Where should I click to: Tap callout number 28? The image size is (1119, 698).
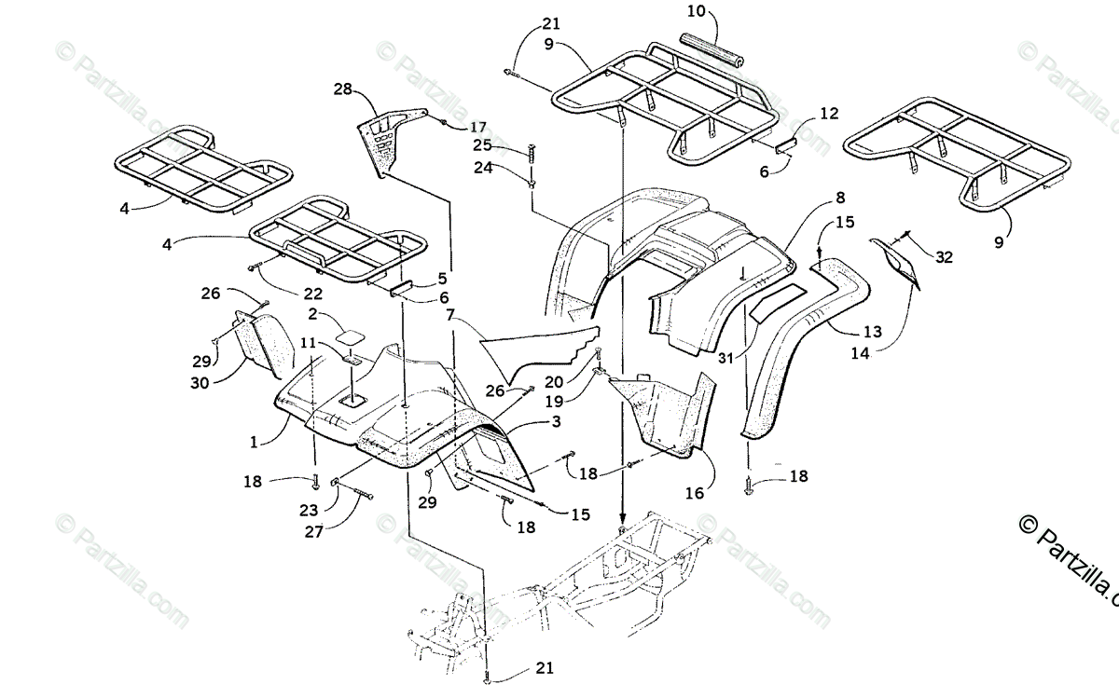pos(343,89)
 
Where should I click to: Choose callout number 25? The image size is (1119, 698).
pos(507,145)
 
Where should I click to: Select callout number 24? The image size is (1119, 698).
pos(507,169)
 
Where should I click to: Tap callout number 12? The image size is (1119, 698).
pos(829,114)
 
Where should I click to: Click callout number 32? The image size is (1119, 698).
pos(943,258)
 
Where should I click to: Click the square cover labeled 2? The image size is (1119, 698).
pos(352,333)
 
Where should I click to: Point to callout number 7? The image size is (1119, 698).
pos(450,317)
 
